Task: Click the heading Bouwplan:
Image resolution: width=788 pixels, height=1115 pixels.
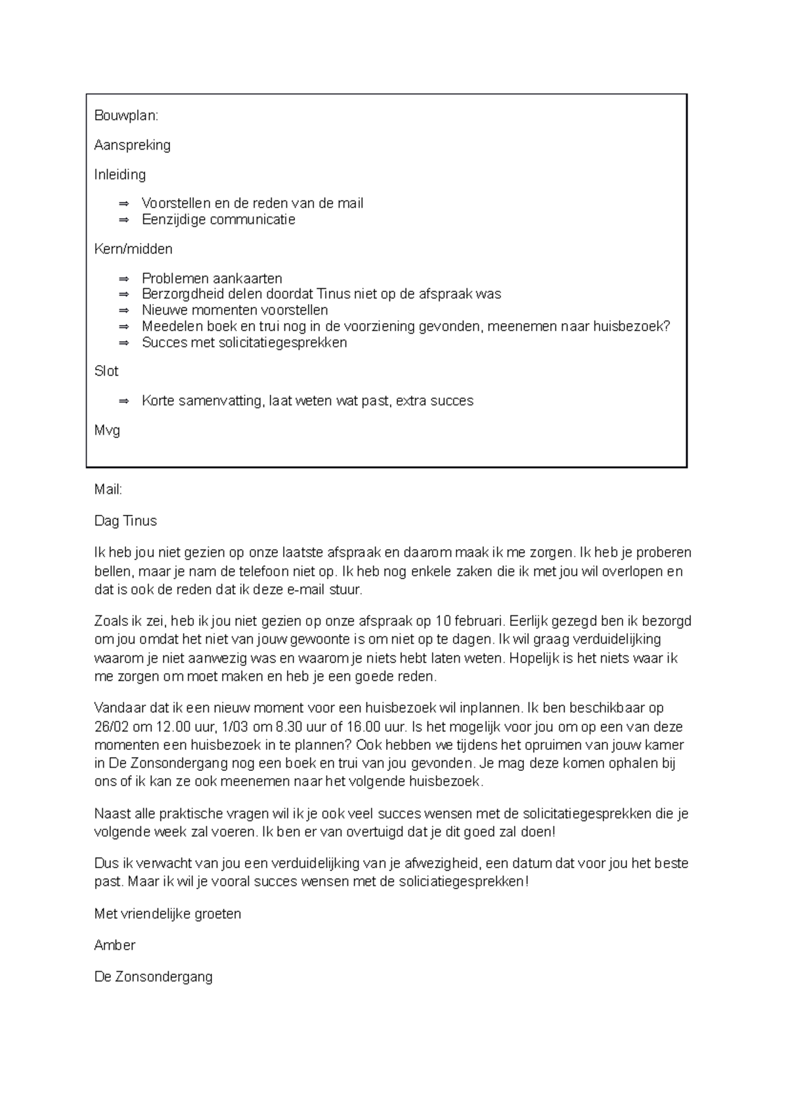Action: pyautogui.click(x=126, y=116)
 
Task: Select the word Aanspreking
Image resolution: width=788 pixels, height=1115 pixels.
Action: pyautogui.click(x=132, y=145)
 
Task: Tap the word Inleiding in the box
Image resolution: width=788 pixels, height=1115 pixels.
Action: pyautogui.click(x=120, y=175)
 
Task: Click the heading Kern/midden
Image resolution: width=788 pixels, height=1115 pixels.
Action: pyautogui.click(x=133, y=249)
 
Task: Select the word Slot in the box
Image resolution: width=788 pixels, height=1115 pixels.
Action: pyautogui.click(x=106, y=372)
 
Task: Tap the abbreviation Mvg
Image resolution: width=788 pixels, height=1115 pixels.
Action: pyautogui.click(x=107, y=431)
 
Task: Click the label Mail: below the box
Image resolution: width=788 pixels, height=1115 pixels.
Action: pyautogui.click(x=108, y=490)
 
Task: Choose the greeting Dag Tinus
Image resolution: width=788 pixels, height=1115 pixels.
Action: pyautogui.click(x=125, y=521)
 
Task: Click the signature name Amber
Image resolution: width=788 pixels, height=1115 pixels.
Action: pyautogui.click(x=115, y=946)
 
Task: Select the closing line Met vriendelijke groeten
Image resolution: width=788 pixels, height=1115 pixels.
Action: pyautogui.click(x=167, y=914)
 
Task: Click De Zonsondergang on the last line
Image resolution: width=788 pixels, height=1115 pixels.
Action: pyautogui.click(x=153, y=977)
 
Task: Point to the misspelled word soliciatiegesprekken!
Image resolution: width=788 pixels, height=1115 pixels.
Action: pyautogui.click(x=463, y=882)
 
